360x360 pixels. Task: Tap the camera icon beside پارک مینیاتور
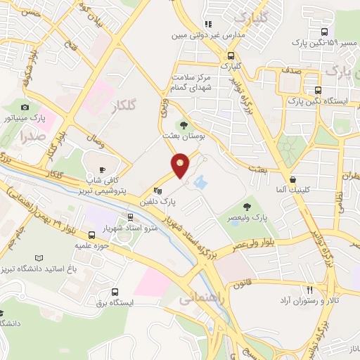[26, 108]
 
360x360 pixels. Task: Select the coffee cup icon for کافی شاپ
[101, 169]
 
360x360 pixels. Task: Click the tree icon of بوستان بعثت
[185, 125]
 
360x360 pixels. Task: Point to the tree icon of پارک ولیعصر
[247, 207]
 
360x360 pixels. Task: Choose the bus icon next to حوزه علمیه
[92, 235]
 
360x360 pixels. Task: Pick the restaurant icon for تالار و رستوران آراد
[309, 290]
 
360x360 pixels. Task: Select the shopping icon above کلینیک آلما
[292, 179]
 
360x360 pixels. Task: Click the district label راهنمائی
[196, 299]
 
